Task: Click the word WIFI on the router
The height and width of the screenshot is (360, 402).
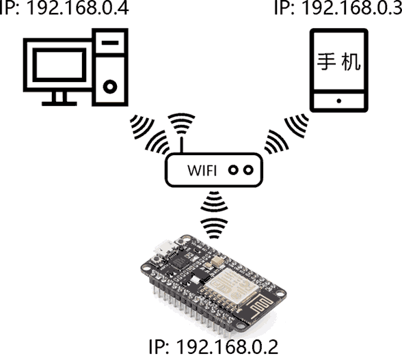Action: coord(202,170)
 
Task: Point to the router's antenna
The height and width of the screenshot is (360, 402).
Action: coord(182,145)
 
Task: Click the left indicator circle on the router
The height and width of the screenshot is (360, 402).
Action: coord(233,170)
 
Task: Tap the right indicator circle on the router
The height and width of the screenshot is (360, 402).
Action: coord(248,170)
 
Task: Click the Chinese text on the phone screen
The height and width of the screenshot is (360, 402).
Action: coord(338,61)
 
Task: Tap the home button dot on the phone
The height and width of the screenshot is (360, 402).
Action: coord(339,101)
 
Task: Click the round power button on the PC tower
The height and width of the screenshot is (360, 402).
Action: coord(110,87)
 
